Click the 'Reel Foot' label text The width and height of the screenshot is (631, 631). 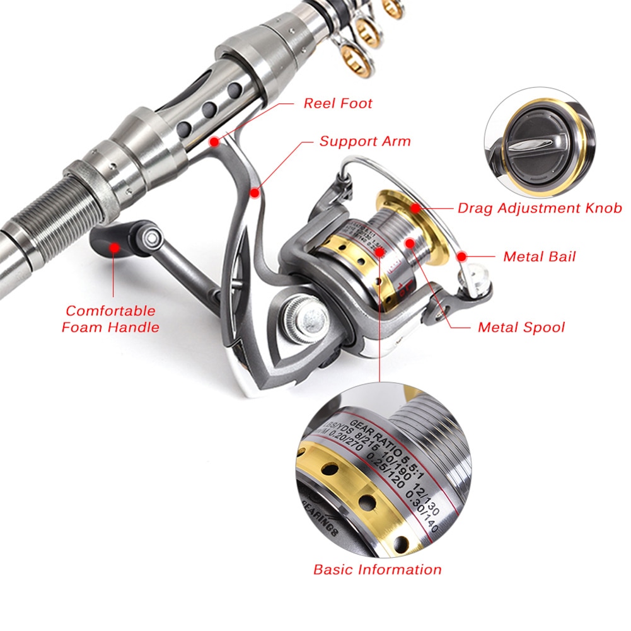click(x=338, y=103)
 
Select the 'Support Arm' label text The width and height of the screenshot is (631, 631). click(x=364, y=141)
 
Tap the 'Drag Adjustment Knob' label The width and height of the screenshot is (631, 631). click(x=540, y=207)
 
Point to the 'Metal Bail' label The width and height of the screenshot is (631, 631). click(x=539, y=257)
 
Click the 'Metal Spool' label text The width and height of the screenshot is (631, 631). click(x=521, y=327)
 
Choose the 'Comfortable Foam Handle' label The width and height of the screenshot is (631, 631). click(x=110, y=318)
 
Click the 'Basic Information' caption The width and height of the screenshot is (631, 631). click(x=377, y=569)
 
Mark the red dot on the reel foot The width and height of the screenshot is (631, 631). click(x=215, y=141)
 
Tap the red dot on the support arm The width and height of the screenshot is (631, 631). click(x=254, y=192)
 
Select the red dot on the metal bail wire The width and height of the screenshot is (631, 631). click(x=462, y=257)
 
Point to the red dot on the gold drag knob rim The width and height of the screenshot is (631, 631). click(x=415, y=207)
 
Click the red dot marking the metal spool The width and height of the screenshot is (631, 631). click(x=410, y=242)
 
